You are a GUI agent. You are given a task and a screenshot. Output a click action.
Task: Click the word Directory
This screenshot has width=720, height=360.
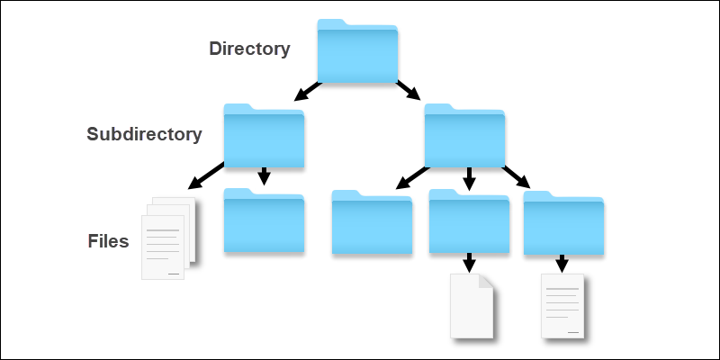click(x=249, y=49)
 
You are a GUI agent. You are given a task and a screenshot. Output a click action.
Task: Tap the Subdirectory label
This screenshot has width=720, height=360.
click(x=144, y=134)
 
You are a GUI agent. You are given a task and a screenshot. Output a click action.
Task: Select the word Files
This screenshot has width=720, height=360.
click(x=108, y=241)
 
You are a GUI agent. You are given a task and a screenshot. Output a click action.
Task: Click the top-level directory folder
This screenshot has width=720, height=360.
click(x=357, y=51)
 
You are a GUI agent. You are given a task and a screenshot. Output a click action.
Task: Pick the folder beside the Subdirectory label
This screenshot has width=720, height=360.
click(x=264, y=136)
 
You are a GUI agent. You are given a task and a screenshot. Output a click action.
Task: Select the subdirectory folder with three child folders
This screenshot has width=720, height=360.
click(x=464, y=136)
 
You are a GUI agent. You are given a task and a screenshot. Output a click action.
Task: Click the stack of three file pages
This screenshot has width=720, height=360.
click(x=168, y=238)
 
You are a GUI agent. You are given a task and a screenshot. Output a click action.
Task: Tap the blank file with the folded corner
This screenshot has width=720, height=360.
click(x=472, y=306)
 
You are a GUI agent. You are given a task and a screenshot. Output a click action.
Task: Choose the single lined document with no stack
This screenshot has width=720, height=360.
click(x=562, y=306)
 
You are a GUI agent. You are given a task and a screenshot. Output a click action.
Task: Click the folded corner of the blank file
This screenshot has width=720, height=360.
click(x=487, y=281)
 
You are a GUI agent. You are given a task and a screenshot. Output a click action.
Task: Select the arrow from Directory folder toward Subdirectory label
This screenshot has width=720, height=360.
click(x=308, y=91)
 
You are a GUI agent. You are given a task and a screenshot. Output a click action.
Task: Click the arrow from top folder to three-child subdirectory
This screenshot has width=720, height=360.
click(x=409, y=90)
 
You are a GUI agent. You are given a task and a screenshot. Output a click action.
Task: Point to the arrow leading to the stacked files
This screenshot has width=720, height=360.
click(x=206, y=175)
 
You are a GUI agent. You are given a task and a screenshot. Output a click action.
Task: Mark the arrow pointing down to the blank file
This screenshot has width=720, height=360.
click(x=469, y=263)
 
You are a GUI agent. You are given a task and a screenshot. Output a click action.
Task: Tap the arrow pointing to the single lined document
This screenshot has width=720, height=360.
click(x=562, y=264)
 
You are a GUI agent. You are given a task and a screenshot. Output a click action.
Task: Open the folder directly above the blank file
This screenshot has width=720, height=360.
click(x=469, y=220)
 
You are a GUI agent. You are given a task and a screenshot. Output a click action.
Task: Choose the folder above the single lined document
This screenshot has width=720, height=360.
click(x=563, y=222)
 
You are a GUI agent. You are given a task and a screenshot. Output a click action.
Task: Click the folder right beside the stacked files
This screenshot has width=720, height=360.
click(x=264, y=220)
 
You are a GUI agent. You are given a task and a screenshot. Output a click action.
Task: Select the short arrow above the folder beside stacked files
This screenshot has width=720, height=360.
click(x=264, y=176)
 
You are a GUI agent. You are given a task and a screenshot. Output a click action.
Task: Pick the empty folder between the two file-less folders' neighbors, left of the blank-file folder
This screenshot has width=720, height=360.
click(x=372, y=221)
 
